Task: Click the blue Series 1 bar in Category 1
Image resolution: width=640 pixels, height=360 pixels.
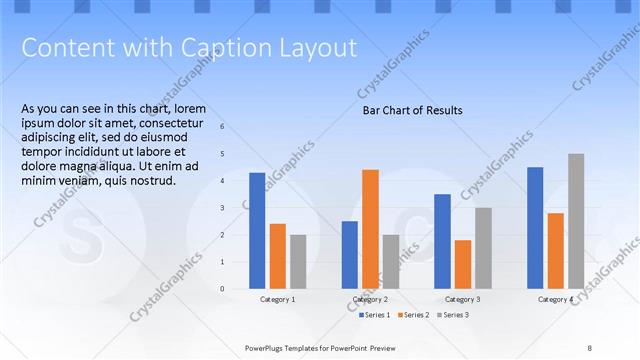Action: click(x=257, y=230)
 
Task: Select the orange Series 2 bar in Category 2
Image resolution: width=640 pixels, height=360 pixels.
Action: click(x=370, y=228)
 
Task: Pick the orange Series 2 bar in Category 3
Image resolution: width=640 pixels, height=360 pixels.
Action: click(x=463, y=264)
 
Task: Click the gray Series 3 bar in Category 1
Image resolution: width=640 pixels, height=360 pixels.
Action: click(x=299, y=261)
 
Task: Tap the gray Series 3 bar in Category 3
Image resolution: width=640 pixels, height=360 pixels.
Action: click(x=483, y=248)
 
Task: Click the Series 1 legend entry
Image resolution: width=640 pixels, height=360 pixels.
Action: click(x=376, y=315)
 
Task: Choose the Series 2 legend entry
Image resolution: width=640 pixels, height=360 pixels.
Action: click(x=415, y=315)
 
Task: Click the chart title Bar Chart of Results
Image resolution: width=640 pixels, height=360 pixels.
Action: click(x=412, y=111)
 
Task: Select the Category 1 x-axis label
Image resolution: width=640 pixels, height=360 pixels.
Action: click(x=277, y=299)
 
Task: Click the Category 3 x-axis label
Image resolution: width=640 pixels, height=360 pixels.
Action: click(x=463, y=299)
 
